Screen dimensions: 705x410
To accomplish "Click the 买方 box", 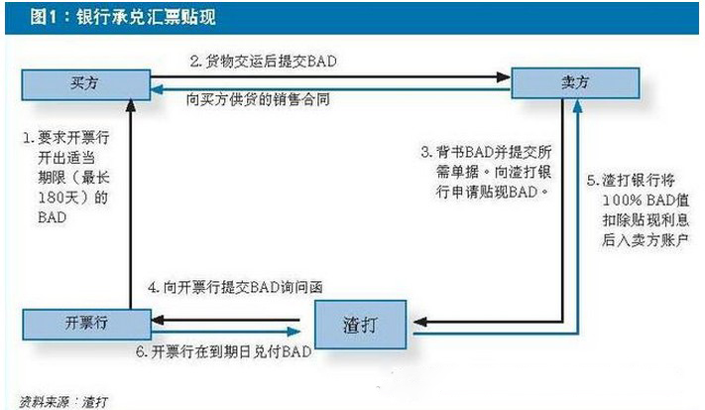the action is tap(86, 84).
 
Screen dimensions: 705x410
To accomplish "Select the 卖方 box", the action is tap(575, 82).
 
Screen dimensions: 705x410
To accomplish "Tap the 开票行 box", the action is tap(87, 324).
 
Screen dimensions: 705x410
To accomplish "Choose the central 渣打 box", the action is tap(360, 325).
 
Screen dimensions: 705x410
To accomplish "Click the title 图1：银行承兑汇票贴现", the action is tap(123, 18).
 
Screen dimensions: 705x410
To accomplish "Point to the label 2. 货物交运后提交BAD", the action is tap(263, 62).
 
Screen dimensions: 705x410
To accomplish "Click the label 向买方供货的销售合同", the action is tap(258, 99).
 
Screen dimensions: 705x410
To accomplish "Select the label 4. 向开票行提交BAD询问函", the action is tap(235, 287).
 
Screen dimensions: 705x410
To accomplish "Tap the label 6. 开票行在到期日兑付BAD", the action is tap(224, 351).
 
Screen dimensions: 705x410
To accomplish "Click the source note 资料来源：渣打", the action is tap(63, 401).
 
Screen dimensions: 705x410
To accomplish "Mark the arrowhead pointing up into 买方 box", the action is tap(130, 106).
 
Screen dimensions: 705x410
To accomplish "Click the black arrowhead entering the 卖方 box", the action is tap(504, 77).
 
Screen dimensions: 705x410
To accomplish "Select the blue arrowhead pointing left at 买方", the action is tap(157, 89).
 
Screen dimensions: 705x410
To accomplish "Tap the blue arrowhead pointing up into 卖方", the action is tap(578, 106).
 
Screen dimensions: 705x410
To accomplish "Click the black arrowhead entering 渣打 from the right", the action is tap(420, 322).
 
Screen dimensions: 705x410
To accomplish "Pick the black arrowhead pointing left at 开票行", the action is tap(158, 320).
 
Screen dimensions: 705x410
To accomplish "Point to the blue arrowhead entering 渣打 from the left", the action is tap(294, 333).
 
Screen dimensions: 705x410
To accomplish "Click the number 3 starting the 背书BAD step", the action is tap(425, 152).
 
